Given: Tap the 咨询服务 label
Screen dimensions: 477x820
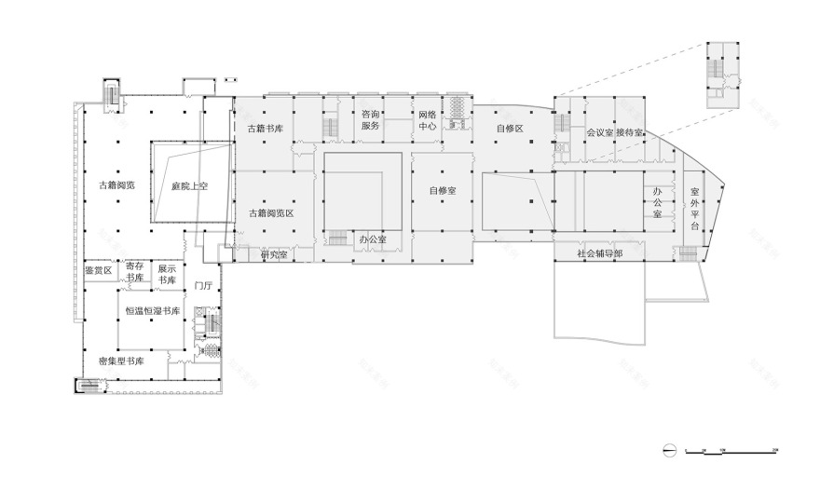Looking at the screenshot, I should tap(371, 119).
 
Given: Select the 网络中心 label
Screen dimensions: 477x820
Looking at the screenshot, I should tap(428, 119).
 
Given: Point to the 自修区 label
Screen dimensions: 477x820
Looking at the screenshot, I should tap(510, 128).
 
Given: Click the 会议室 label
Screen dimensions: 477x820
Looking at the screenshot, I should tap(599, 133).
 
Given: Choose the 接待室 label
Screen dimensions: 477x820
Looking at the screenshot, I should tap(630, 133).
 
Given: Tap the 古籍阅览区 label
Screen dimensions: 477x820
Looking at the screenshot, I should tap(271, 213).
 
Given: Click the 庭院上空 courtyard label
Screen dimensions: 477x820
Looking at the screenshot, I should tap(189, 186).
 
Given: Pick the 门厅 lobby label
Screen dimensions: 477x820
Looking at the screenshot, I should tap(204, 286).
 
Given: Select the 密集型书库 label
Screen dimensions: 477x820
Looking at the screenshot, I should tap(120, 360).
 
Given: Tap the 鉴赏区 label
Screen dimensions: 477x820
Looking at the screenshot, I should tap(97, 270).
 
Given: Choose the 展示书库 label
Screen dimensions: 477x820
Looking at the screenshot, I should tap(167, 272).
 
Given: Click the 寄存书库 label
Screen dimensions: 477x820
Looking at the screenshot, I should tap(135, 272).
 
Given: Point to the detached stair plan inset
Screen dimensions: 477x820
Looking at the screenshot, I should tap(721, 74).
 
